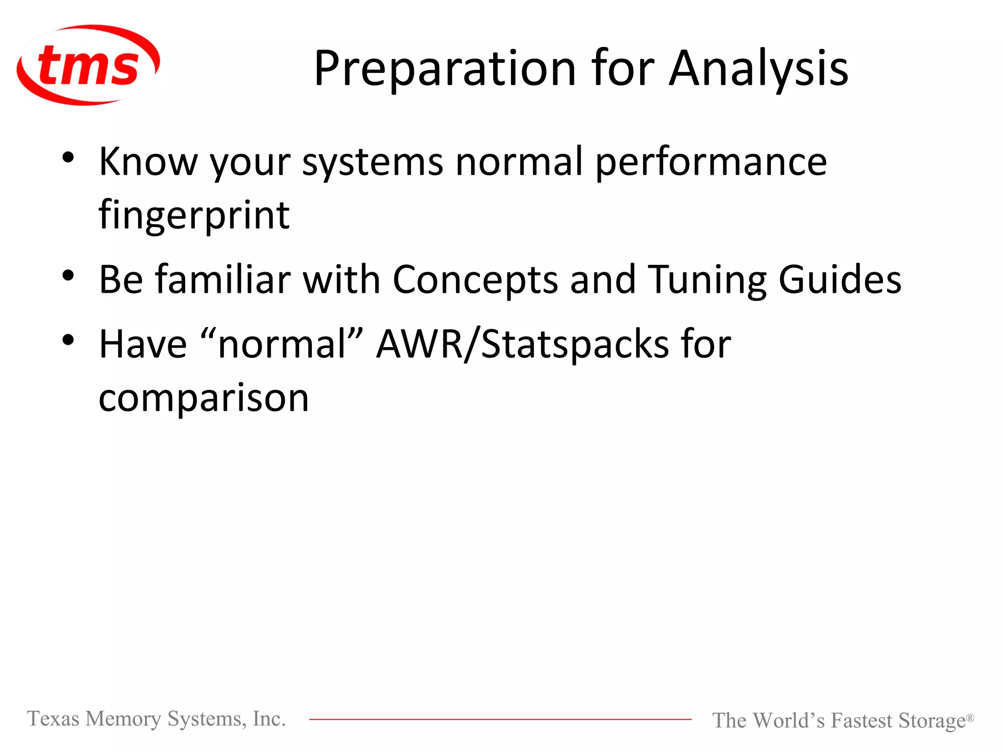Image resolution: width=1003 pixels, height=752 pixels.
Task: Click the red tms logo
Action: [88, 65]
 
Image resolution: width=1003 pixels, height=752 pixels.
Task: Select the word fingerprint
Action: [194, 215]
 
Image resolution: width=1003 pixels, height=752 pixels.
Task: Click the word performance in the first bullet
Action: [711, 163]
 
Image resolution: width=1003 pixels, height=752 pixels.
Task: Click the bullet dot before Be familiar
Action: [68, 275]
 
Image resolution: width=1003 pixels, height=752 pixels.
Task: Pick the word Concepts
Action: [475, 280]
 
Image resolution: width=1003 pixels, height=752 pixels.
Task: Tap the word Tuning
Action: [707, 280]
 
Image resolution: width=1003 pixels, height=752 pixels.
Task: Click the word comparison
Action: [204, 399]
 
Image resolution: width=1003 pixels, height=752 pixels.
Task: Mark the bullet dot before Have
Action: [68, 340]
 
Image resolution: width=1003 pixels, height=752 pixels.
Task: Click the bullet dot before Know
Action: [68, 158]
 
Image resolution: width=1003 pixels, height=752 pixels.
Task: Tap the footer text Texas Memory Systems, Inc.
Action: [156, 719]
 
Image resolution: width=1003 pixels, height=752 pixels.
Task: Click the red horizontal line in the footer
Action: [500, 719]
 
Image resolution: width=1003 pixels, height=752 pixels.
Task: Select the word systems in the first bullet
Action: [373, 163]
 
